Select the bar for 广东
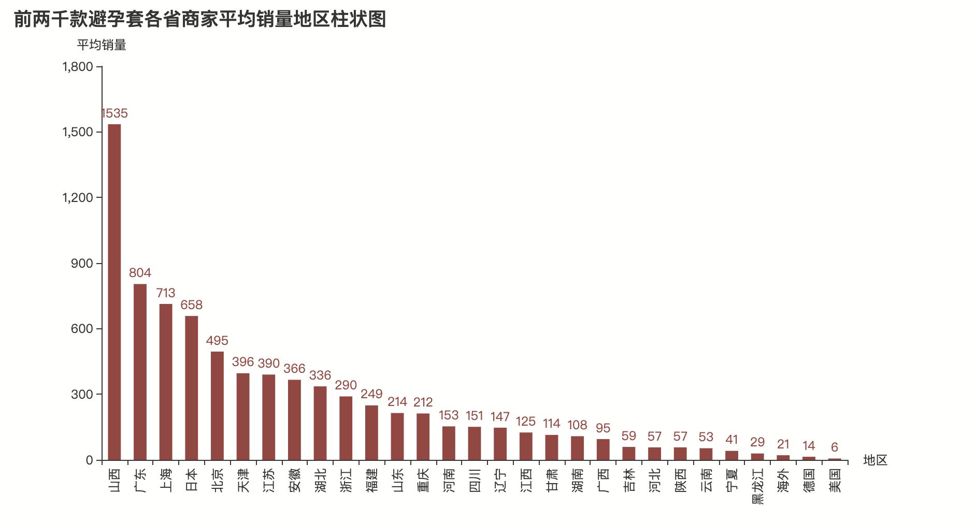tap(140, 372)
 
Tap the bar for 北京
tap(217, 405)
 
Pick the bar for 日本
tap(191, 388)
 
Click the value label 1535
tap(114, 113)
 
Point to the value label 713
tap(166, 293)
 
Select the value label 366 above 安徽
tap(294, 369)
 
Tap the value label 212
tap(423, 402)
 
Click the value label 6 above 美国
tap(834, 447)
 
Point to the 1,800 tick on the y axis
tap(78, 67)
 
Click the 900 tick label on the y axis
tap(82, 264)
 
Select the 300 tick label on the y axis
tap(82, 395)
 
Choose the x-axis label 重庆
tap(423, 480)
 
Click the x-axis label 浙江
tap(346, 480)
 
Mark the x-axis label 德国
tap(808, 480)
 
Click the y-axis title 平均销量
tap(102, 45)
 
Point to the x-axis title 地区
tap(875, 460)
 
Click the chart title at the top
tap(200, 20)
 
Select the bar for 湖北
tap(320, 423)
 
